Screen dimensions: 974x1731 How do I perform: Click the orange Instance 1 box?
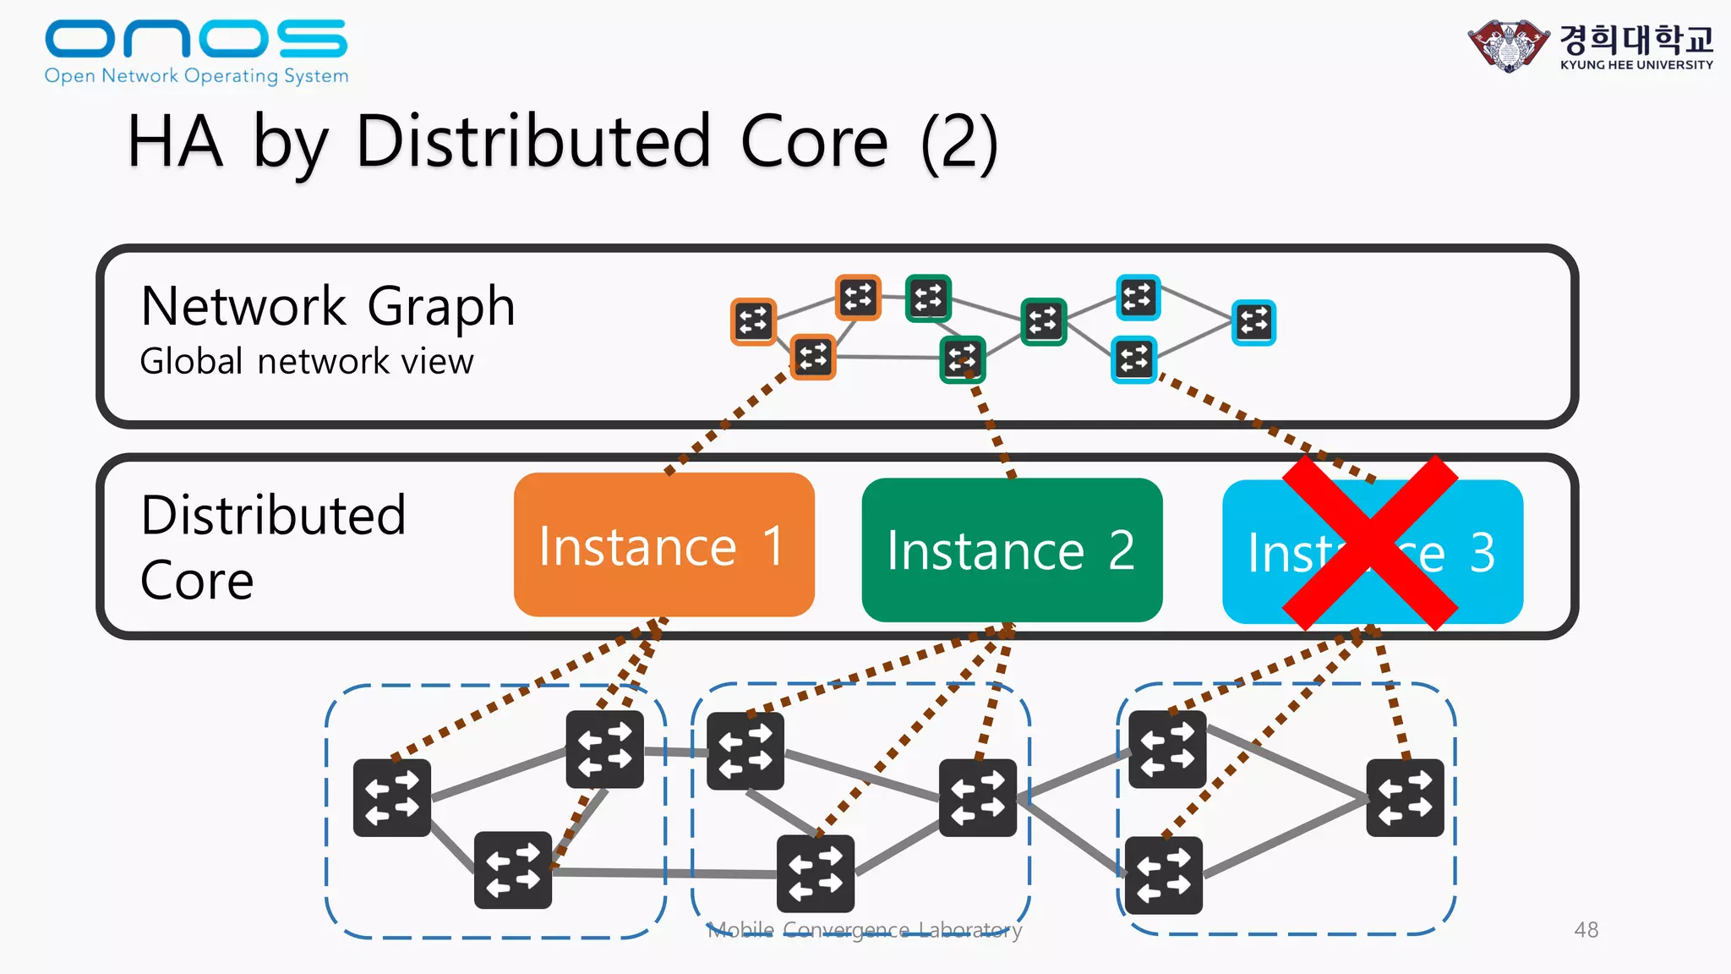pyautogui.click(x=663, y=544)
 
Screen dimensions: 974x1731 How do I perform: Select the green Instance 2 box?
pyautogui.click(x=1012, y=550)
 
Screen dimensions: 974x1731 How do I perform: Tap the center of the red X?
pyautogui.click(x=1370, y=543)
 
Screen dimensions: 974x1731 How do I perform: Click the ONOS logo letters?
pyautogui.click(x=195, y=39)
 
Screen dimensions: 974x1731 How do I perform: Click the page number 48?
pyautogui.click(x=1586, y=930)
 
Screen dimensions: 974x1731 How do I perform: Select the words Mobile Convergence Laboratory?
pyautogui.click(x=864, y=930)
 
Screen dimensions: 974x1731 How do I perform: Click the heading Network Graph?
pyautogui.click(x=328, y=306)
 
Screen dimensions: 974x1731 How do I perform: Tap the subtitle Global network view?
pyautogui.click(x=306, y=362)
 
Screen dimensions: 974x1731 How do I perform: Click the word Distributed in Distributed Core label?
pyautogui.click(x=273, y=515)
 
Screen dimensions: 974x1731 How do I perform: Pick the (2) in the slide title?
pyautogui.click(x=959, y=142)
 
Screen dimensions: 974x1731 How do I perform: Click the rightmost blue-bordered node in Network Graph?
pyautogui.click(x=1253, y=322)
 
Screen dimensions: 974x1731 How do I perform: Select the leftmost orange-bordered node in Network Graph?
pyautogui.click(x=753, y=321)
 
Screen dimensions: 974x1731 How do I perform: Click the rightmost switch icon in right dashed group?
pyautogui.click(x=1405, y=797)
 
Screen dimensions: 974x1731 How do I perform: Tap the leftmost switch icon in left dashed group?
pyautogui.click(x=392, y=797)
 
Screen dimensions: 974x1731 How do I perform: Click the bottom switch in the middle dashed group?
pyautogui.click(x=815, y=873)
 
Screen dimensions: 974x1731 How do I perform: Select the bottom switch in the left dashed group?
pyautogui.click(x=513, y=869)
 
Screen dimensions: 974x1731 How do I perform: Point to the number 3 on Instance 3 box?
pyautogui.click(x=1482, y=553)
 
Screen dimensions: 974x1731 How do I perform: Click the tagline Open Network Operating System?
pyautogui.click(x=196, y=76)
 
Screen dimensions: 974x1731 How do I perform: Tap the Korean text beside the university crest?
pyautogui.click(x=1635, y=39)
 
